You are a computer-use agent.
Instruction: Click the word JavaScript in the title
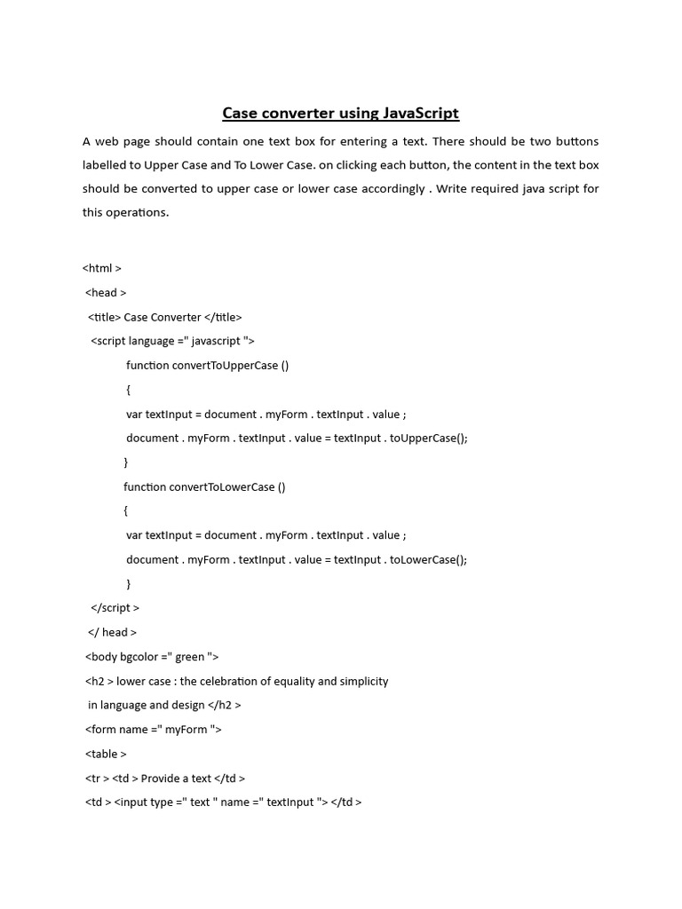[x=421, y=113]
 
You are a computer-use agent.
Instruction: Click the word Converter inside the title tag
[x=175, y=317]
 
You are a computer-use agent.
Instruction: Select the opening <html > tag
[x=102, y=268]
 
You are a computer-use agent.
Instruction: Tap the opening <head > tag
[x=107, y=293]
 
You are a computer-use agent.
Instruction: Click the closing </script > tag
[x=115, y=608]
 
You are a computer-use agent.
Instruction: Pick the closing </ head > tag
[x=113, y=632]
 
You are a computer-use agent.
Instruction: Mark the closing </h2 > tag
[x=225, y=705]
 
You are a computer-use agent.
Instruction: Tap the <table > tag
[x=107, y=754]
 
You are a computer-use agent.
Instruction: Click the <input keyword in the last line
[x=132, y=802]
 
